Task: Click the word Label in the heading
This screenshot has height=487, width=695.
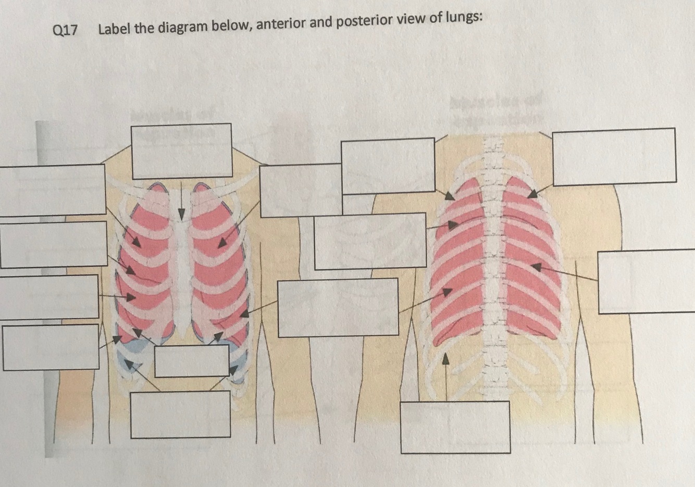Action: (114, 28)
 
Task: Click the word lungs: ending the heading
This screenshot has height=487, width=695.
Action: (464, 18)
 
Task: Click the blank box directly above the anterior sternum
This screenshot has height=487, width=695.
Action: (181, 151)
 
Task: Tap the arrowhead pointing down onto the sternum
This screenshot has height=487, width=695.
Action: (181, 214)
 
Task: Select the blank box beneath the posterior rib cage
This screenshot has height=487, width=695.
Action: (455, 427)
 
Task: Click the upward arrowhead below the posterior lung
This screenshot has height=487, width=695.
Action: (445, 359)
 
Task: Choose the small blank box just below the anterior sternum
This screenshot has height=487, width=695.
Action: (192, 360)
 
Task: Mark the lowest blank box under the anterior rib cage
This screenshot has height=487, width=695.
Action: (180, 415)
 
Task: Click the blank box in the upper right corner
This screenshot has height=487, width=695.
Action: (614, 156)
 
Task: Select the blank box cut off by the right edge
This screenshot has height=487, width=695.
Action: (646, 282)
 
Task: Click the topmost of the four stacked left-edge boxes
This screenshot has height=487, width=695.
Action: (52, 190)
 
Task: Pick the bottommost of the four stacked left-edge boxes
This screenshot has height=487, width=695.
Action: (51, 347)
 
